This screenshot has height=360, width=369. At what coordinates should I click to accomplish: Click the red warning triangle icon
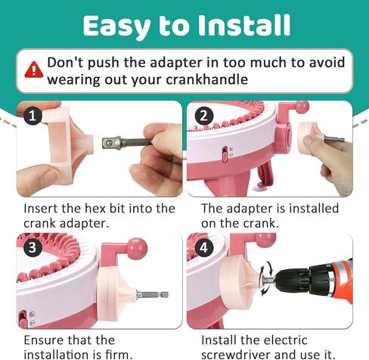coord(34,70)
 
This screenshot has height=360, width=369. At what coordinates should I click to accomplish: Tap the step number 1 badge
coord(33,116)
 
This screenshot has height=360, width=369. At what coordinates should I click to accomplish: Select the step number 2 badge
coord(204,116)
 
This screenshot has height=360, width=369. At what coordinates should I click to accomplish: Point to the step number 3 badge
coord(33,247)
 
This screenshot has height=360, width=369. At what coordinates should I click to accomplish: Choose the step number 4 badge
coord(204,247)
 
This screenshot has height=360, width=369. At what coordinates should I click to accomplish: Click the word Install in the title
coord(244,25)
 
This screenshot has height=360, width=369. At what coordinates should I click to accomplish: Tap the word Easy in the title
coord(116,27)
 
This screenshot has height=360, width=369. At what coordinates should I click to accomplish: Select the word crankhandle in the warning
coord(207,79)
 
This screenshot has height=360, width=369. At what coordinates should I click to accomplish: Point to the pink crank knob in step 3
coord(137,247)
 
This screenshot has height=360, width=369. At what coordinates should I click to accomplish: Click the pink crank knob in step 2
coord(302,107)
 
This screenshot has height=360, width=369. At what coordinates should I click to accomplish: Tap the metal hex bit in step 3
coord(152,294)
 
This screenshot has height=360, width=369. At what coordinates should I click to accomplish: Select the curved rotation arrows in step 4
coord(266,278)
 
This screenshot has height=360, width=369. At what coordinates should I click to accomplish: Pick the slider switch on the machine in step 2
coord(225,154)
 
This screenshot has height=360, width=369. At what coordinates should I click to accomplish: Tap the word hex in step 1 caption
coord(95,209)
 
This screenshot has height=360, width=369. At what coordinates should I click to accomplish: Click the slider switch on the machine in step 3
coord(23,319)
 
